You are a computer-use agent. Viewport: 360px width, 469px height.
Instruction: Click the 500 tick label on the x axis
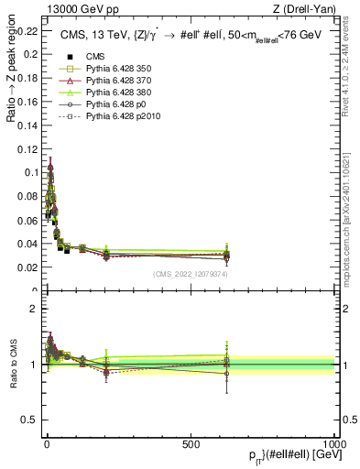pos(191,443)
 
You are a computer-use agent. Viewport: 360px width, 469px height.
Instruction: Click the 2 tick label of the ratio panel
pos(35,309)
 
